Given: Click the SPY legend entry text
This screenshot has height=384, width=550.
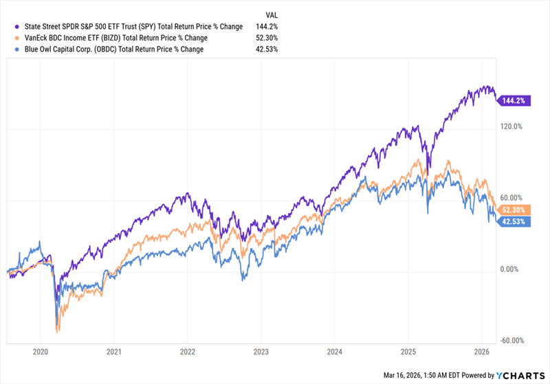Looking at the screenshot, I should point(126,27).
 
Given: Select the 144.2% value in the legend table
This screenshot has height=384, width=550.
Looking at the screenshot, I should point(269,27).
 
